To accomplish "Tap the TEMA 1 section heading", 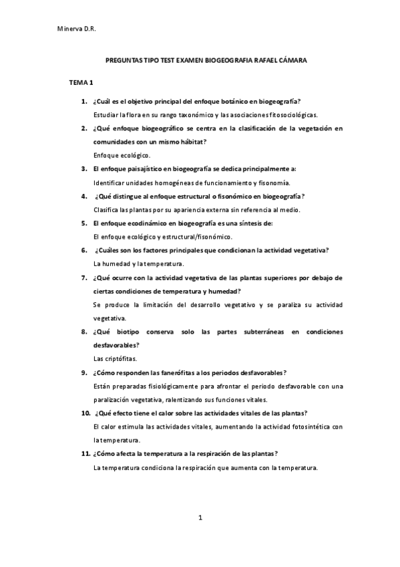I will coord(81,82).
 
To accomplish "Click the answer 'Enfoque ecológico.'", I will coord(122,155).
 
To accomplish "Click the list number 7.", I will coord(84,277).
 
